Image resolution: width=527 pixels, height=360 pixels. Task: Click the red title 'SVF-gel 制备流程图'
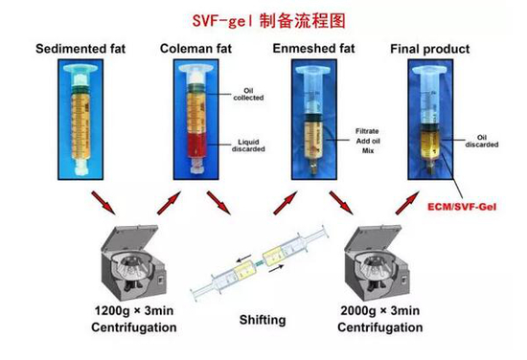click(268, 21)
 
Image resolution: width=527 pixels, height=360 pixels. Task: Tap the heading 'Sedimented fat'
click(80, 49)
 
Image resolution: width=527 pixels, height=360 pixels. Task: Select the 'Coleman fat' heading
click(195, 49)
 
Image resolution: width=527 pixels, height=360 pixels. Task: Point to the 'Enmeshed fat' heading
click(313, 49)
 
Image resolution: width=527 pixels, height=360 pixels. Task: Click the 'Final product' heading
click(430, 49)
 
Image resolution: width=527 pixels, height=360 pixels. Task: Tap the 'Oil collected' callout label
click(248, 94)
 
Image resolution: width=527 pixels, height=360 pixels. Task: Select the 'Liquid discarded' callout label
click(248, 146)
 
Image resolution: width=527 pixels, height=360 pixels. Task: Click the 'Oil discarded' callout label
click(482, 141)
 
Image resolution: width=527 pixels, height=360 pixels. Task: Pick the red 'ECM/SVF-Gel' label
click(462, 207)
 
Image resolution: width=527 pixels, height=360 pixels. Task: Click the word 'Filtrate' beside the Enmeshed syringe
click(367, 131)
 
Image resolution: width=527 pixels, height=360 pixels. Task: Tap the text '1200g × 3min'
click(134, 310)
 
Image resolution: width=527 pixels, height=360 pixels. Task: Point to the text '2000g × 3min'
click(380, 310)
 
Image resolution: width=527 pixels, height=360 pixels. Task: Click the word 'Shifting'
click(263, 320)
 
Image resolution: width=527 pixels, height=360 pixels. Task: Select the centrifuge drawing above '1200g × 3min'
click(133, 263)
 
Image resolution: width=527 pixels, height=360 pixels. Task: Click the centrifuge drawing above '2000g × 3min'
click(378, 263)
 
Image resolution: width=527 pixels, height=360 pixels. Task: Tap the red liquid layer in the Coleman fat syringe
click(197, 146)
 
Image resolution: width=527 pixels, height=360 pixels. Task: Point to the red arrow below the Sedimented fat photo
click(103, 203)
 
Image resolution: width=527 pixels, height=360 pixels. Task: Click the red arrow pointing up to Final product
click(407, 203)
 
